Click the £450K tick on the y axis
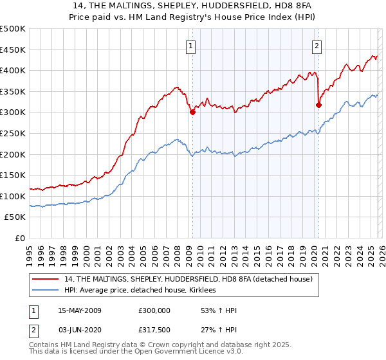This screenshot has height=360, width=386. click(13, 50)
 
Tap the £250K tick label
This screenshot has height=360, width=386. click(13, 133)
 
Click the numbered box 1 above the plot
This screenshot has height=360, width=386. click(192, 46)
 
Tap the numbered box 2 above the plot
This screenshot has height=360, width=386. click(318, 46)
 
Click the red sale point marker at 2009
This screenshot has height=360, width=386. click(192, 112)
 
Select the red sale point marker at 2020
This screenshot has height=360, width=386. click(318, 105)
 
